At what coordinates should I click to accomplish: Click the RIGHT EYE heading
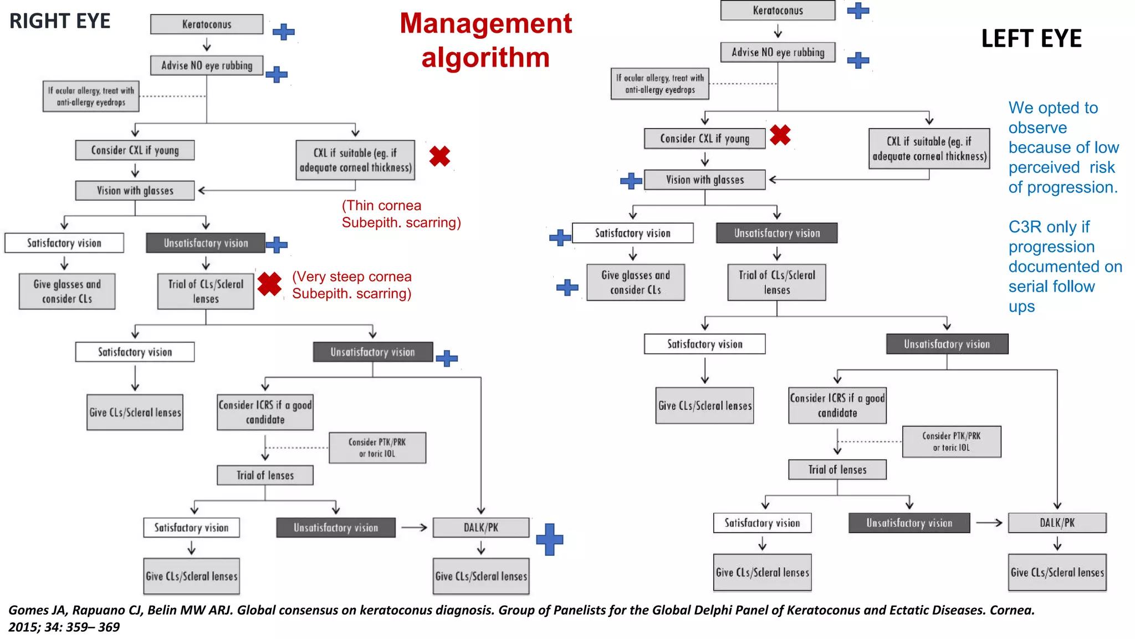click(x=60, y=21)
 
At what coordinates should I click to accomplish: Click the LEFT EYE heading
click(x=1031, y=39)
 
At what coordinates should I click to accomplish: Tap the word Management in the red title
click(x=485, y=24)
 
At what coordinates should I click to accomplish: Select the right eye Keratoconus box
click(x=207, y=24)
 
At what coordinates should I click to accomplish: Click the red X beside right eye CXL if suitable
click(x=439, y=156)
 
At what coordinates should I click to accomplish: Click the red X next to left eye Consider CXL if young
click(x=780, y=135)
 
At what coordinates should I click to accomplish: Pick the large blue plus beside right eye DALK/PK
click(x=549, y=539)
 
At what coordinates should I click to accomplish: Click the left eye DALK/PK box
click(x=1057, y=523)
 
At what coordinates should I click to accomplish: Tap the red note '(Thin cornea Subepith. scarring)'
click(x=401, y=214)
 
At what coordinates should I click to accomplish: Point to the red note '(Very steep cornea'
click(x=352, y=276)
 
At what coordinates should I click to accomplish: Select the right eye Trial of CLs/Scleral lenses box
click(x=206, y=291)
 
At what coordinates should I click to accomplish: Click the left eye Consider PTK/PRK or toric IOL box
click(x=951, y=442)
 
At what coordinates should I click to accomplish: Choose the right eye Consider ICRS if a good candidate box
click(x=265, y=412)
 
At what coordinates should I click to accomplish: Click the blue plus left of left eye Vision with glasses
click(x=631, y=181)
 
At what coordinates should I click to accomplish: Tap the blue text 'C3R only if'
click(x=1049, y=227)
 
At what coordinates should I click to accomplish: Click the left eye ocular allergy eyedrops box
click(x=659, y=84)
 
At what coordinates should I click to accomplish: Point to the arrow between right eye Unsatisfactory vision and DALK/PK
click(x=414, y=528)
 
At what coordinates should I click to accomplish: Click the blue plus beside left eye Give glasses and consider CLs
click(x=567, y=287)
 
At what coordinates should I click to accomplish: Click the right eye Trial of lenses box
click(x=265, y=475)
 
